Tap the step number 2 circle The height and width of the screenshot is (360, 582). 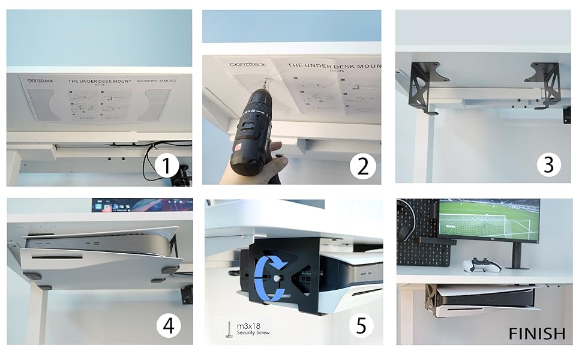point(362,166)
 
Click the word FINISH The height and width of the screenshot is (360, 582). point(537,333)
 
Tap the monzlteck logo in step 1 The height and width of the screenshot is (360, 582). point(41,79)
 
